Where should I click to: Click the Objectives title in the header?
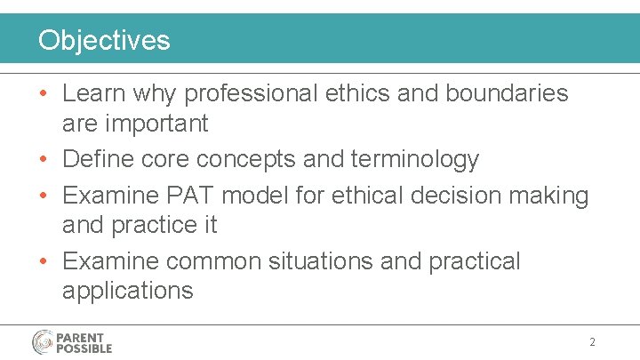[x=103, y=40]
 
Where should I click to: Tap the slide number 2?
[x=592, y=342]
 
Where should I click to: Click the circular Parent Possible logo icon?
[x=43, y=342]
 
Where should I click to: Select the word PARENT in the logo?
[x=80, y=338]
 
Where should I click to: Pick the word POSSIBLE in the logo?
[x=84, y=348]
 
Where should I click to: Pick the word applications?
[x=127, y=292]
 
